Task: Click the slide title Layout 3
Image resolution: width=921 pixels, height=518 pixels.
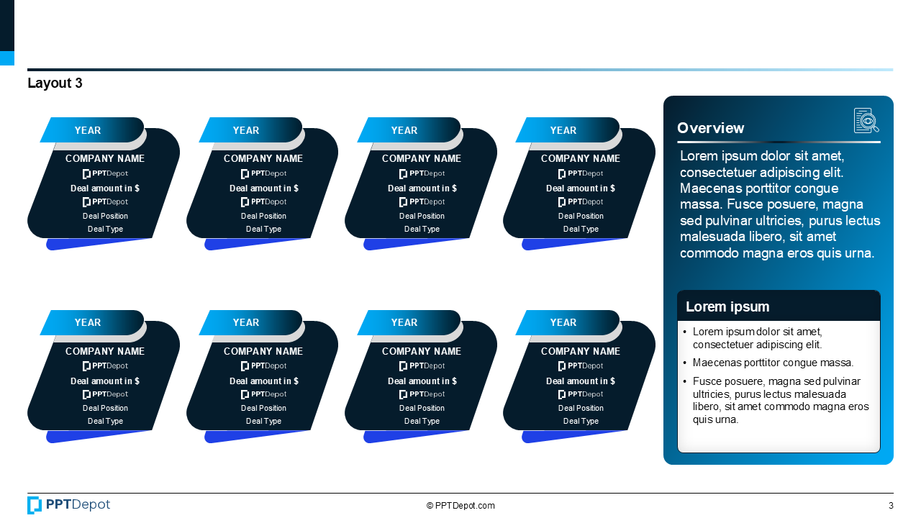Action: click(55, 83)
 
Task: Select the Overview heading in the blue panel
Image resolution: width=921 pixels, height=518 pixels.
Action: click(710, 128)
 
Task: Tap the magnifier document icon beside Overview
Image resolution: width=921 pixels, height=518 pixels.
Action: click(866, 121)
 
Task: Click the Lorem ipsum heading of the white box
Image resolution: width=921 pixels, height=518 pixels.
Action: click(727, 306)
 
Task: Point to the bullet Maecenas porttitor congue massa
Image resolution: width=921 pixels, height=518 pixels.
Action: click(773, 363)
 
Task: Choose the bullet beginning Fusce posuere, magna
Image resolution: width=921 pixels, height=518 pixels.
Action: click(780, 400)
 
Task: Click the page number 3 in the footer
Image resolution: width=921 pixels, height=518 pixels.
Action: click(891, 506)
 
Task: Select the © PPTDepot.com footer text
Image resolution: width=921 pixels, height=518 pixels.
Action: click(460, 506)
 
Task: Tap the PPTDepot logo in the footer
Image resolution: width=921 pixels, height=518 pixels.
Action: click(69, 505)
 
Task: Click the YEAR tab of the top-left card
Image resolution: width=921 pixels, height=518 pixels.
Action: click(88, 130)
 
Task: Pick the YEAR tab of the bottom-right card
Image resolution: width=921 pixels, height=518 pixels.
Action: click(563, 322)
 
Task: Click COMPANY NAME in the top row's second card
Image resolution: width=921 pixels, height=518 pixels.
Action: click(263, 158)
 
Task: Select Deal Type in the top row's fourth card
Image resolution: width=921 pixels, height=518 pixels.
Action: click(581, 229)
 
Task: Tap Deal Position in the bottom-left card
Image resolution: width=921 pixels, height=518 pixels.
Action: click(105, 408)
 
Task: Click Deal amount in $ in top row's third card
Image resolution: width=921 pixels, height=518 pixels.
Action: click(422, 188)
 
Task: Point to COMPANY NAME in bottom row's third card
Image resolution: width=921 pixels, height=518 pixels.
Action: click(422, 351)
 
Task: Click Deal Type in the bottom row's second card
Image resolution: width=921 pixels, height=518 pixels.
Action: click(263, 421)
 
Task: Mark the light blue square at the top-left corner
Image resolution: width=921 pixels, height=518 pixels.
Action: click(7, 58)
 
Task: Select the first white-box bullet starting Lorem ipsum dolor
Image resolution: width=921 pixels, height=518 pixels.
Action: click(757, 338)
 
